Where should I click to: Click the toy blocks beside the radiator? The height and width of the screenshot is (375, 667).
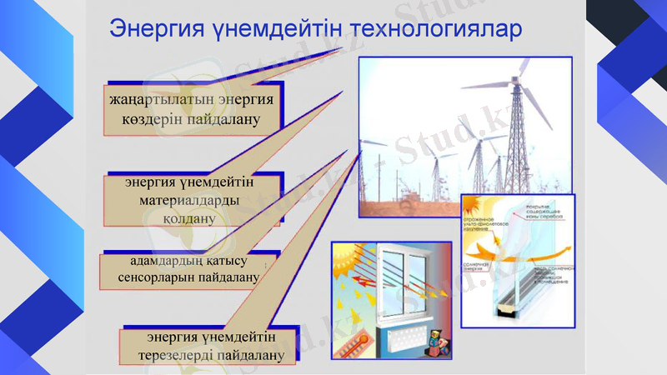coord(438,344)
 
